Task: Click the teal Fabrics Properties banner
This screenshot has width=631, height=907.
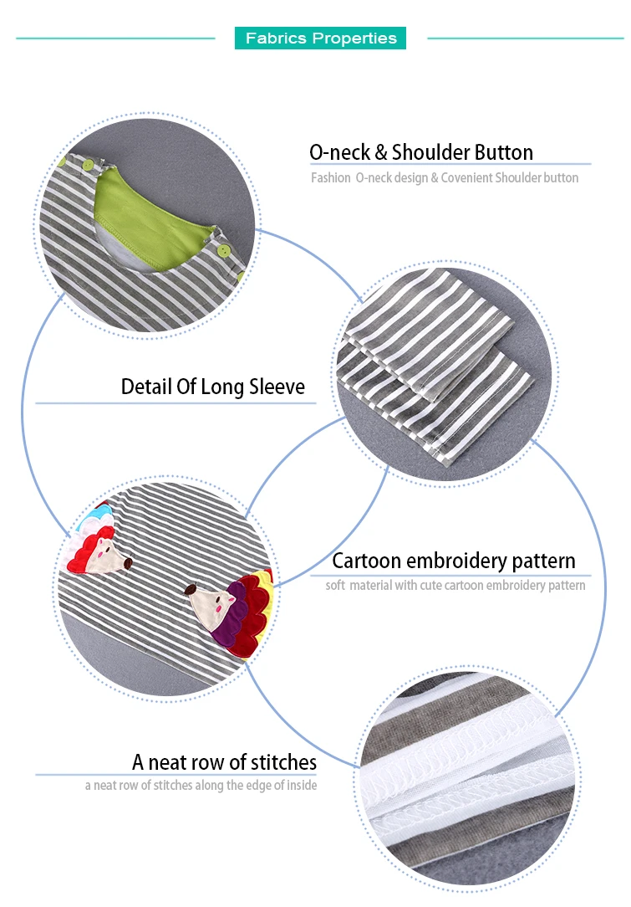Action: coord(320,38)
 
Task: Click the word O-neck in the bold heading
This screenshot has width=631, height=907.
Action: coord(340,152)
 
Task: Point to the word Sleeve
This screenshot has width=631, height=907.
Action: coord(276,387)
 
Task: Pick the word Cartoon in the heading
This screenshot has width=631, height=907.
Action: coord(366,561)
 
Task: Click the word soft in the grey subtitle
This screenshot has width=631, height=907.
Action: coord(335,585)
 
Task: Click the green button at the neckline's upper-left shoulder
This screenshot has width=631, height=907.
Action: coord(88,166)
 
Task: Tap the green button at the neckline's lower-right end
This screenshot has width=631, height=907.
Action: coord(224,250)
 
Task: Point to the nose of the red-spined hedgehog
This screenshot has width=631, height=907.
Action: coord(128,561)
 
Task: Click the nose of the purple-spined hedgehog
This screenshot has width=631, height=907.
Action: coord(189,589)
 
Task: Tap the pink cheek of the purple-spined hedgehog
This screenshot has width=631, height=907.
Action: coord(217,607)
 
